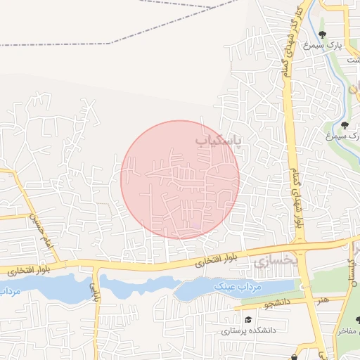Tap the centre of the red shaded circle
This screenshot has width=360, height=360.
(180, 180)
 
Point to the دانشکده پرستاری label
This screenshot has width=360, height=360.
(250, 330)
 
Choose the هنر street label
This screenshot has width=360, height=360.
(322, 300)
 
